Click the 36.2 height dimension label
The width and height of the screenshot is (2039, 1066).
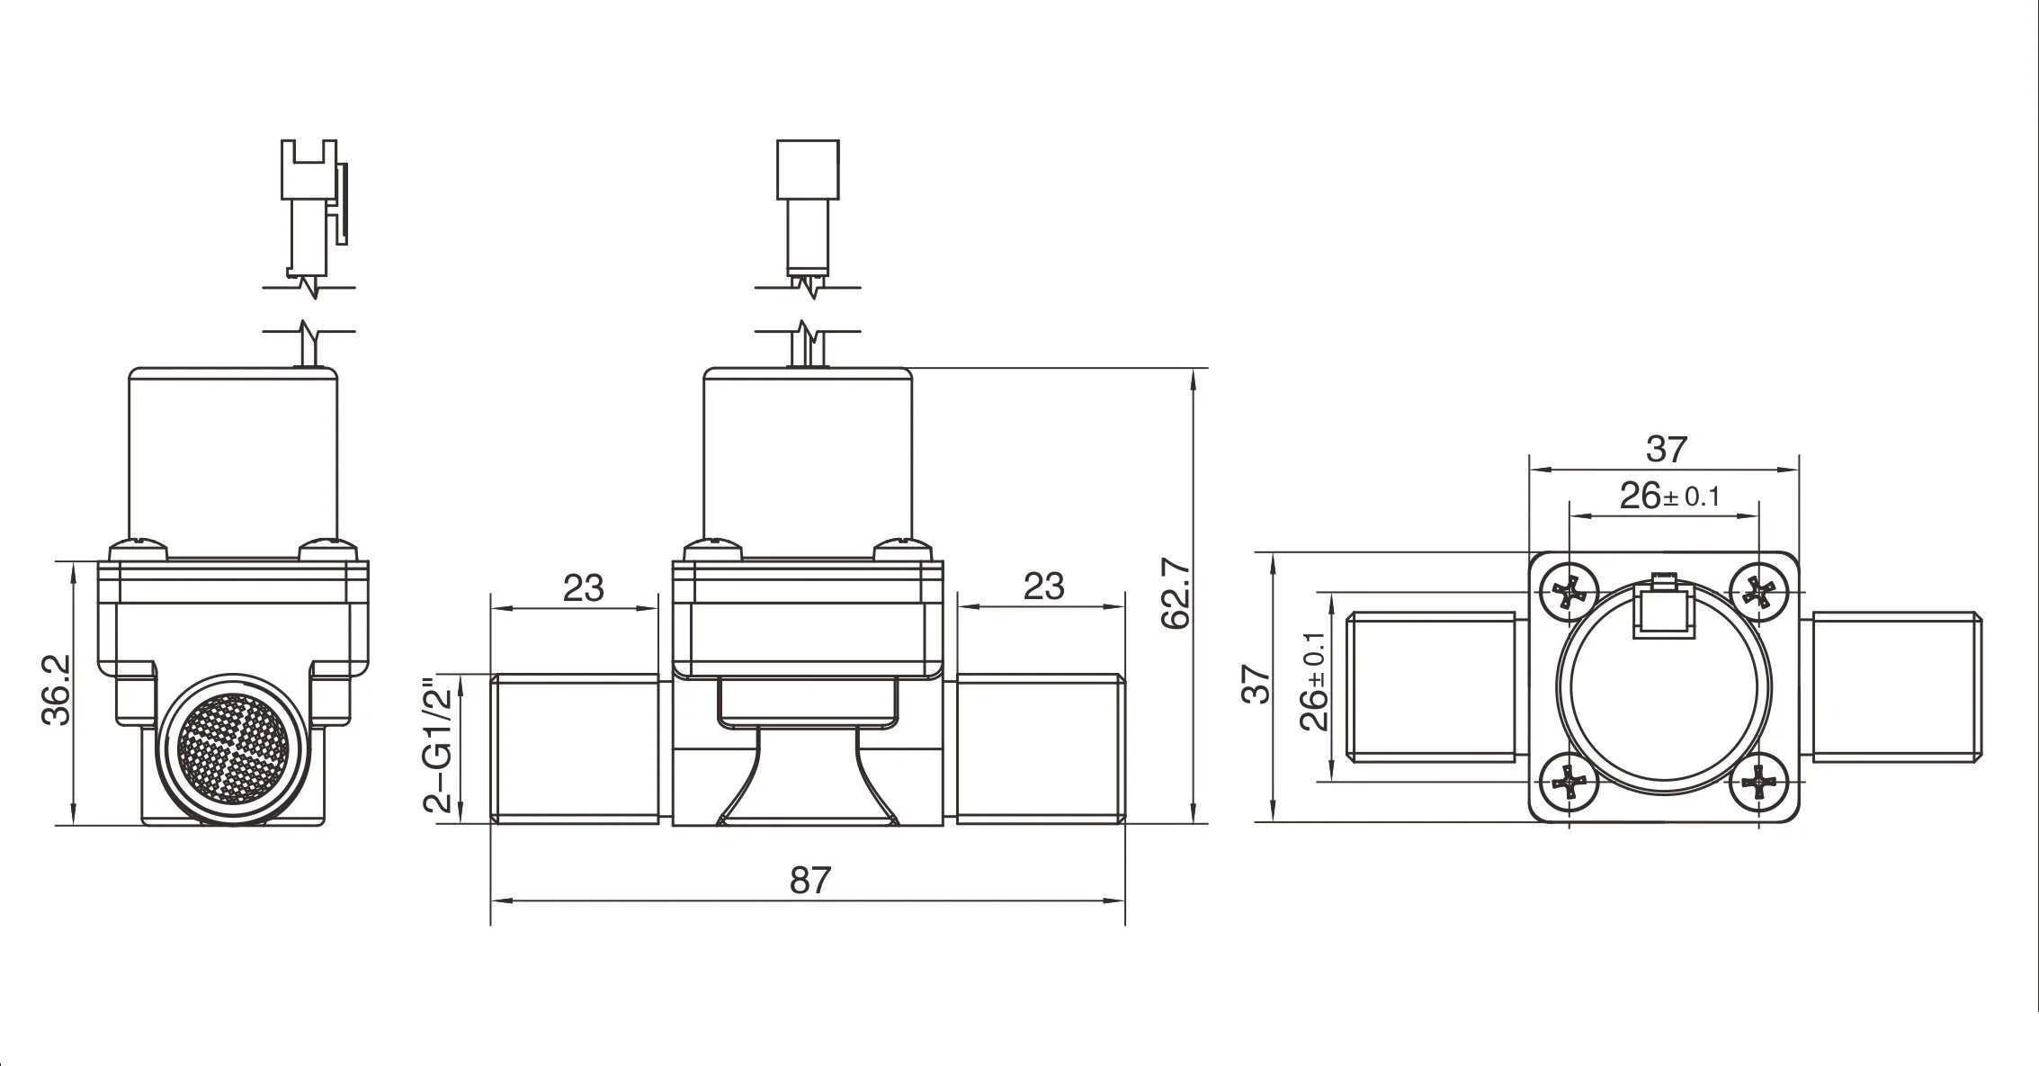coord(57,690)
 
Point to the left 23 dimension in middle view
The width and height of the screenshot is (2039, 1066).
coord(583,588)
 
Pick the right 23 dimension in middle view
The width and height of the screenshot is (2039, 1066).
coord(1043,587)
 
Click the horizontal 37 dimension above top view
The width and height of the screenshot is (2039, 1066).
coord(1666,449)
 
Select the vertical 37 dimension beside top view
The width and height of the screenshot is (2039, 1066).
coord(1258,684)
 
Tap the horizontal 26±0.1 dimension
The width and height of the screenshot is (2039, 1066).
coord(1668,496)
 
